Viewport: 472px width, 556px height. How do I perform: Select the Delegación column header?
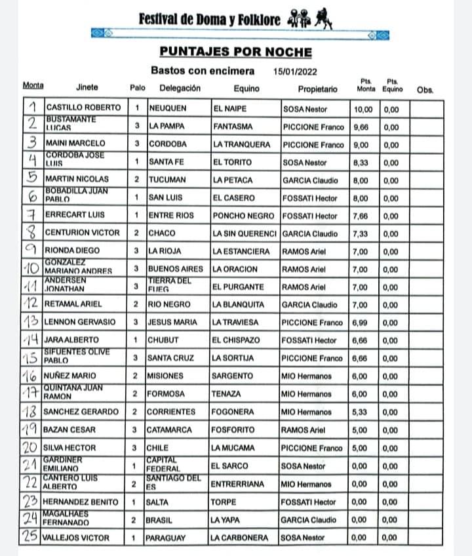click(x=182, y=89)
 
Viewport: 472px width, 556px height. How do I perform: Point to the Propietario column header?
click(x=317, y=89)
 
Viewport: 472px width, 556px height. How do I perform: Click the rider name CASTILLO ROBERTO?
click(x=83, y=108)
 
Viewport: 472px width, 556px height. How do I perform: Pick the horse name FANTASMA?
click(x=233, y=126)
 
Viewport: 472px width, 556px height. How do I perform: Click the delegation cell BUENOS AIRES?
click(x=176, y=269)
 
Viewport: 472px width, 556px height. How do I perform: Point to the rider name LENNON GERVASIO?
click(x=80, y=322)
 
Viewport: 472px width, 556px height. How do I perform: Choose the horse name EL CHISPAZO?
click(x=236, y=340)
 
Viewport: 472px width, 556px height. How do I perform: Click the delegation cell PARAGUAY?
click(x=167, y=538)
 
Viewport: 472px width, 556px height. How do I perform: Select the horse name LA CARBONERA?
click(x=240, y=538)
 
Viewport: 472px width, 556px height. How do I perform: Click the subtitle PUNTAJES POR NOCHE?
click(x=235, y=52)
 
